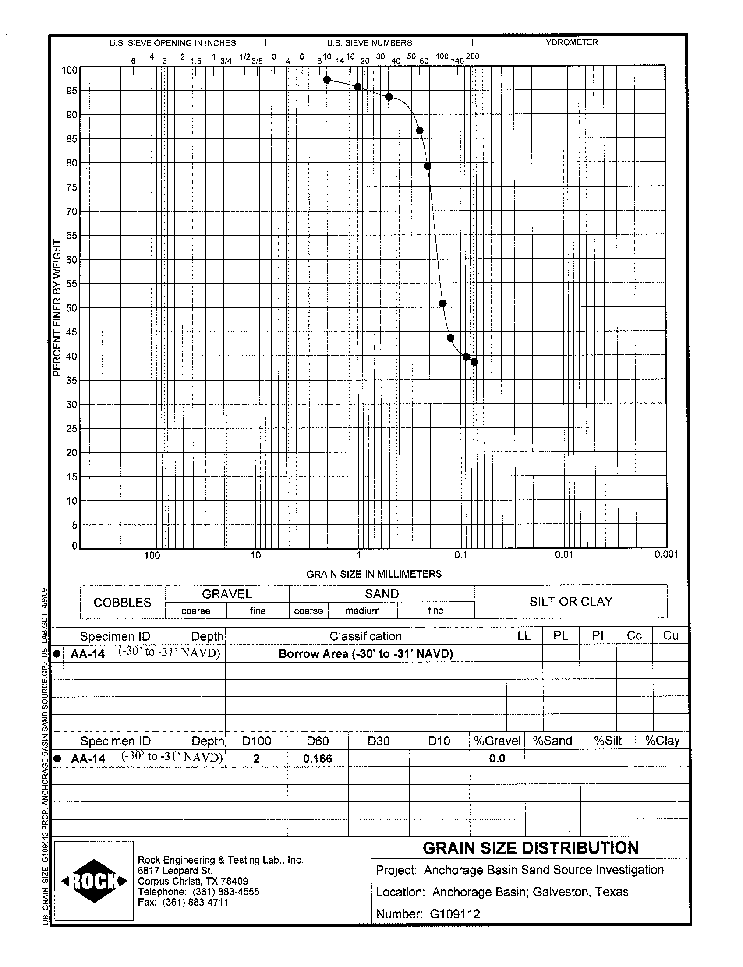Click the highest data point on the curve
[x=327, y=80]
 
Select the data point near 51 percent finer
[x=442, y=304]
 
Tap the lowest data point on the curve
[x=474, y=362]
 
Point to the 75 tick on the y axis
[x=72, y=187]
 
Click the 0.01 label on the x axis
[x=564, y=554]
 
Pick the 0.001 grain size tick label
[x=666, y=554]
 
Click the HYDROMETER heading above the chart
[x=568, y=42]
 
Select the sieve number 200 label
[x=472, y=56]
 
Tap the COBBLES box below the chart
[x=122, y=602]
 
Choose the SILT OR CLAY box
[x=570, y=602]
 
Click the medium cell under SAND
[x=362, y=611]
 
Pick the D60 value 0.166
[x=318, y=759]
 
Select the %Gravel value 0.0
[x=497, y=759]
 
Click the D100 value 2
[x=256, y=759]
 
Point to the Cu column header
[x=670, y=636]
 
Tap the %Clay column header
[x=662, y=741]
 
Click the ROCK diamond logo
[x=94, y=881]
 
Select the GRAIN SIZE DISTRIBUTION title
[x=530, y=848]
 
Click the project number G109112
[x=455, y=914]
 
